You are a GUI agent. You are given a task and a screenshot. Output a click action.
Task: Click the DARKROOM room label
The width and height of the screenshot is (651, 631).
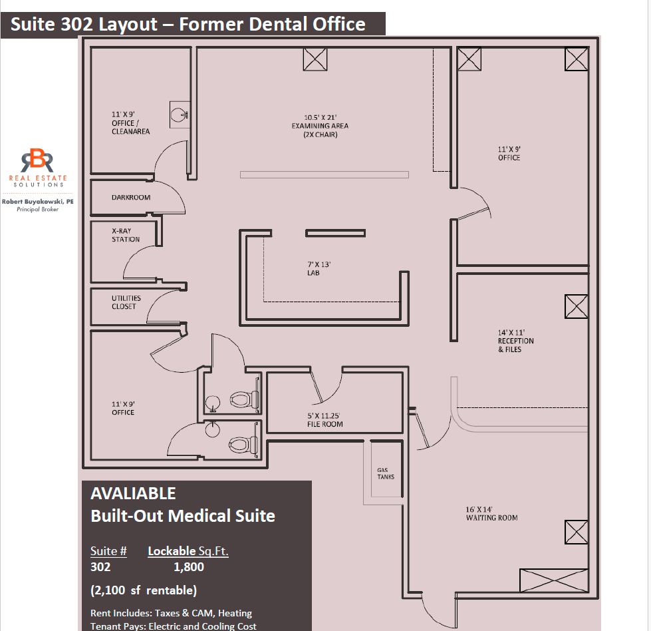tap(131, 198)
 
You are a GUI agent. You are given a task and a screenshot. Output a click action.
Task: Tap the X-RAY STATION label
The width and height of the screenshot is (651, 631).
tap(126, 235)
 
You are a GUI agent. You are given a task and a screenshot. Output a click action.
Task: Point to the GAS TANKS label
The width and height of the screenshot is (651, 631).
tap(386, 473)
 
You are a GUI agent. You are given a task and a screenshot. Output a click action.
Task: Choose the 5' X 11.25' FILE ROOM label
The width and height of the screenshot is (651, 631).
tap(325, 420)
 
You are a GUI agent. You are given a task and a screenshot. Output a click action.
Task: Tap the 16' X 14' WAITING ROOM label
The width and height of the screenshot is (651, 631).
tap(491, 513)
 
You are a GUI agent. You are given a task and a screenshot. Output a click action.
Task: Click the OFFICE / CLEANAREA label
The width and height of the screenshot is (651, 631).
tap(130, 123)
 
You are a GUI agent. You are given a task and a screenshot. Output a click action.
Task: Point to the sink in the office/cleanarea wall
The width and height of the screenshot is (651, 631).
tap(179, 114)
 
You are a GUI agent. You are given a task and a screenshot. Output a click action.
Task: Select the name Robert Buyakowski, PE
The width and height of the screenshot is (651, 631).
tap(37, 201)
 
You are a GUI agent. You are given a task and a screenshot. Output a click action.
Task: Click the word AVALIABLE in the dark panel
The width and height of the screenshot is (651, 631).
tap(133, 494)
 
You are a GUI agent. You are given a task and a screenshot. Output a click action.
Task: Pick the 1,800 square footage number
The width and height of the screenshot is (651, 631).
tap(188, 567)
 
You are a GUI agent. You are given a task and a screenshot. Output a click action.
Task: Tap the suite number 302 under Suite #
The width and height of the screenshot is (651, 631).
tap(100, 567)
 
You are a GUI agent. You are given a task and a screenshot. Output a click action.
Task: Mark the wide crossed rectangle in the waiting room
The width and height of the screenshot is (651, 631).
tap(553, 581)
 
